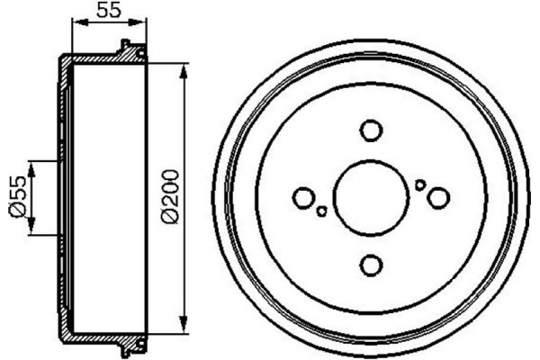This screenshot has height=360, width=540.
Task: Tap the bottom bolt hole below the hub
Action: click(x=370, y=265)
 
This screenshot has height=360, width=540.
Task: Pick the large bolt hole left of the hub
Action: click(x=304, y=197)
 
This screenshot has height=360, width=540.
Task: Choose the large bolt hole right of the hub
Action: click(x=438, y=197)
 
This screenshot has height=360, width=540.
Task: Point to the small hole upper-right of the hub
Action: click(x=419, y=184)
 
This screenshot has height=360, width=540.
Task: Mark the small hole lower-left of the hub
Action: click(x=321, y=211)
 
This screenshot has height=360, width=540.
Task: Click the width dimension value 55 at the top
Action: click(x=108, y=11)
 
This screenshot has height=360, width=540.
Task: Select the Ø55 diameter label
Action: click(x=17, y=197)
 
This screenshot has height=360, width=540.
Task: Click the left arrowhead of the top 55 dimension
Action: click(x=75, y=24)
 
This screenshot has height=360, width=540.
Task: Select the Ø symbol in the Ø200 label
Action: click(x=170, y=217)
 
